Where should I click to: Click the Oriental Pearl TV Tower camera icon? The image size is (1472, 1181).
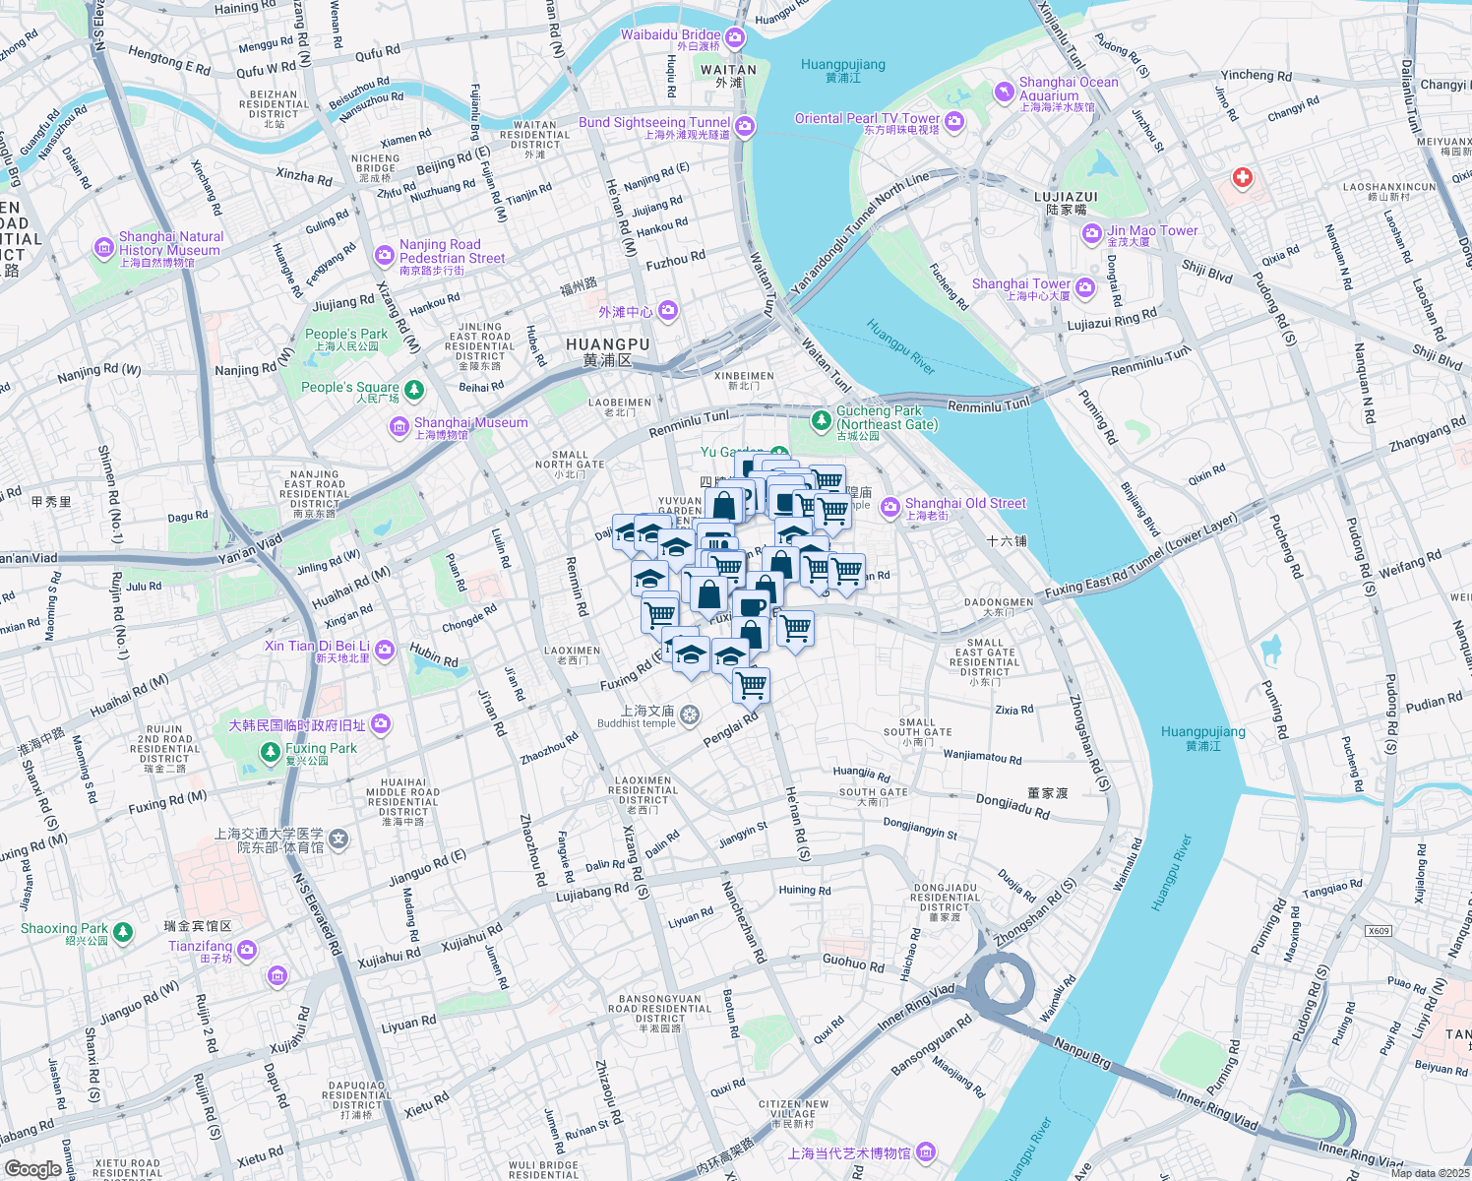(x=953, y=121)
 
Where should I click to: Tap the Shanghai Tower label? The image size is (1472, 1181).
(x=1020, y=284)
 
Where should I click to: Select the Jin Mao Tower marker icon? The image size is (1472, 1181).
(x=1091, y=234)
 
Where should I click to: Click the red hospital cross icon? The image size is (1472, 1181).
(x=1243, y=178)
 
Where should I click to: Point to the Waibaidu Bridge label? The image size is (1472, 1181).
(x=670, y=34)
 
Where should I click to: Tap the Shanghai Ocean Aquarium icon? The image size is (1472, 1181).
(x=1004, y=92)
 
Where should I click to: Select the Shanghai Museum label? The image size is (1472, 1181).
(x=470, y=423)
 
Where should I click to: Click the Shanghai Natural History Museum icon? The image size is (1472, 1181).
(x=104, y=249)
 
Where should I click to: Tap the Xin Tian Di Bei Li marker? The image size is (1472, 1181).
(x=385, y=650)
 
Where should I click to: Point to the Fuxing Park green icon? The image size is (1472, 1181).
(x=271, y=753)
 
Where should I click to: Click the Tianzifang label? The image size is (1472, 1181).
(x=200, y=946)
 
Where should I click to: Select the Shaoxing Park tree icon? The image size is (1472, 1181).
(x=123, y=931)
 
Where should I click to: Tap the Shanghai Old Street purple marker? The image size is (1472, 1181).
(x=890, y=507)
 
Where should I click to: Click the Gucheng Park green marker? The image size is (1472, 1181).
(x=821, y=420)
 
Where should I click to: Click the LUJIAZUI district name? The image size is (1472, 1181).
(x=1066, y=197)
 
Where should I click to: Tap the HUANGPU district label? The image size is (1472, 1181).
(x=607, y=345)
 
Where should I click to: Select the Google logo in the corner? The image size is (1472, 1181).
(x=32, y=1168)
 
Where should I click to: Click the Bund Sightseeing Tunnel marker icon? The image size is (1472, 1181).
(x=745, y=126)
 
